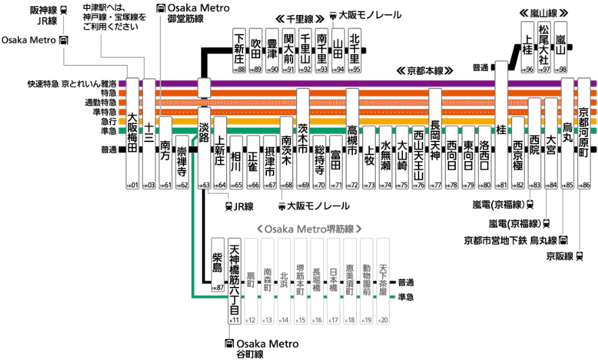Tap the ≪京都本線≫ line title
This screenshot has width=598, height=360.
point(424,70)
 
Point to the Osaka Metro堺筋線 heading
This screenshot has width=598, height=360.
point(308,229)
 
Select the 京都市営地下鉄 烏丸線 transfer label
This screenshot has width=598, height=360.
point(511,240)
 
